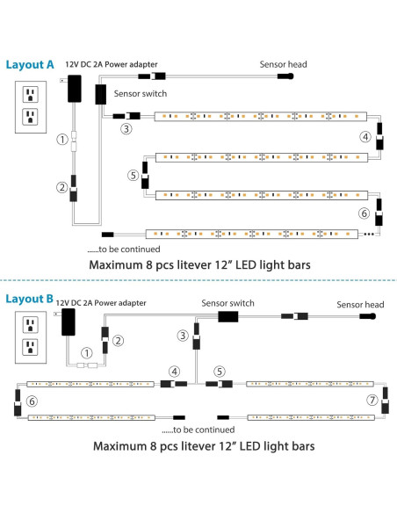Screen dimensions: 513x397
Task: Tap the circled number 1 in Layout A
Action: coord(61,139)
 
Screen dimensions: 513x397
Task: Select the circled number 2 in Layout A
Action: coord(61,186)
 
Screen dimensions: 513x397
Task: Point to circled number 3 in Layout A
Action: coord(127,129)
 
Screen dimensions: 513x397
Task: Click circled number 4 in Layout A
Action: coord(365,137)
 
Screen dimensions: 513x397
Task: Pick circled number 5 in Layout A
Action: coord(133,176)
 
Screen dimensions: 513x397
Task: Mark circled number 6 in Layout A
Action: coord(365,213)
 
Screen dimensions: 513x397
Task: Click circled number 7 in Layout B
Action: coord(372,400)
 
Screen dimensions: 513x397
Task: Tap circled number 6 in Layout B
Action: coord(32,401)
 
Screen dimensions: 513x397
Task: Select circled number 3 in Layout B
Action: coord(182,335)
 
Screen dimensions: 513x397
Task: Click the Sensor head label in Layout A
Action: coord(283,63)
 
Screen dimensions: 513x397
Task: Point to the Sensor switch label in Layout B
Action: coord(227,302)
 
